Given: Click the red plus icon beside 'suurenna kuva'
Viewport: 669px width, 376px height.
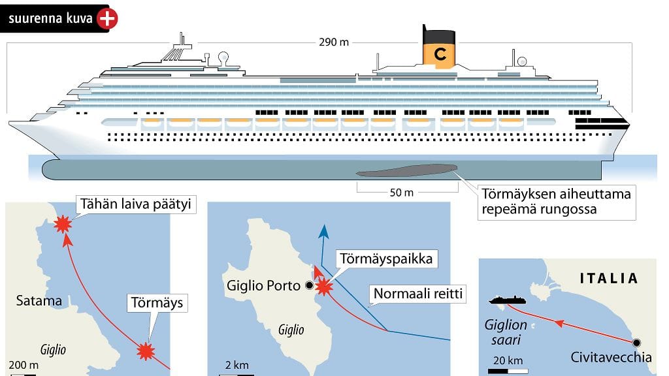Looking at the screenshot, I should coord(107,20).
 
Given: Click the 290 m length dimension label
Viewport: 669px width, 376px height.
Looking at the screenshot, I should coord(334,42).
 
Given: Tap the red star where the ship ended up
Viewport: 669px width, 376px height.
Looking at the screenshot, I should coord(62,225).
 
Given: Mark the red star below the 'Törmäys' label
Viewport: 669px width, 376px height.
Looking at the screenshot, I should coord(146,352).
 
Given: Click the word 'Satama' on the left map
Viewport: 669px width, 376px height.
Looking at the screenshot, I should coord(39,301).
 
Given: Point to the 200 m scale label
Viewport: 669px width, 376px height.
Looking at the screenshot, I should coord(24,364).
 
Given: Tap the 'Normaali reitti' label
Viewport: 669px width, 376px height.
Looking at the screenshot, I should coord(417,294).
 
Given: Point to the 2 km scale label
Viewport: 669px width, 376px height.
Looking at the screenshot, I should coord(237,364).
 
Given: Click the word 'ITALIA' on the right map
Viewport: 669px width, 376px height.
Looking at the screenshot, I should coord(609,279).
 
